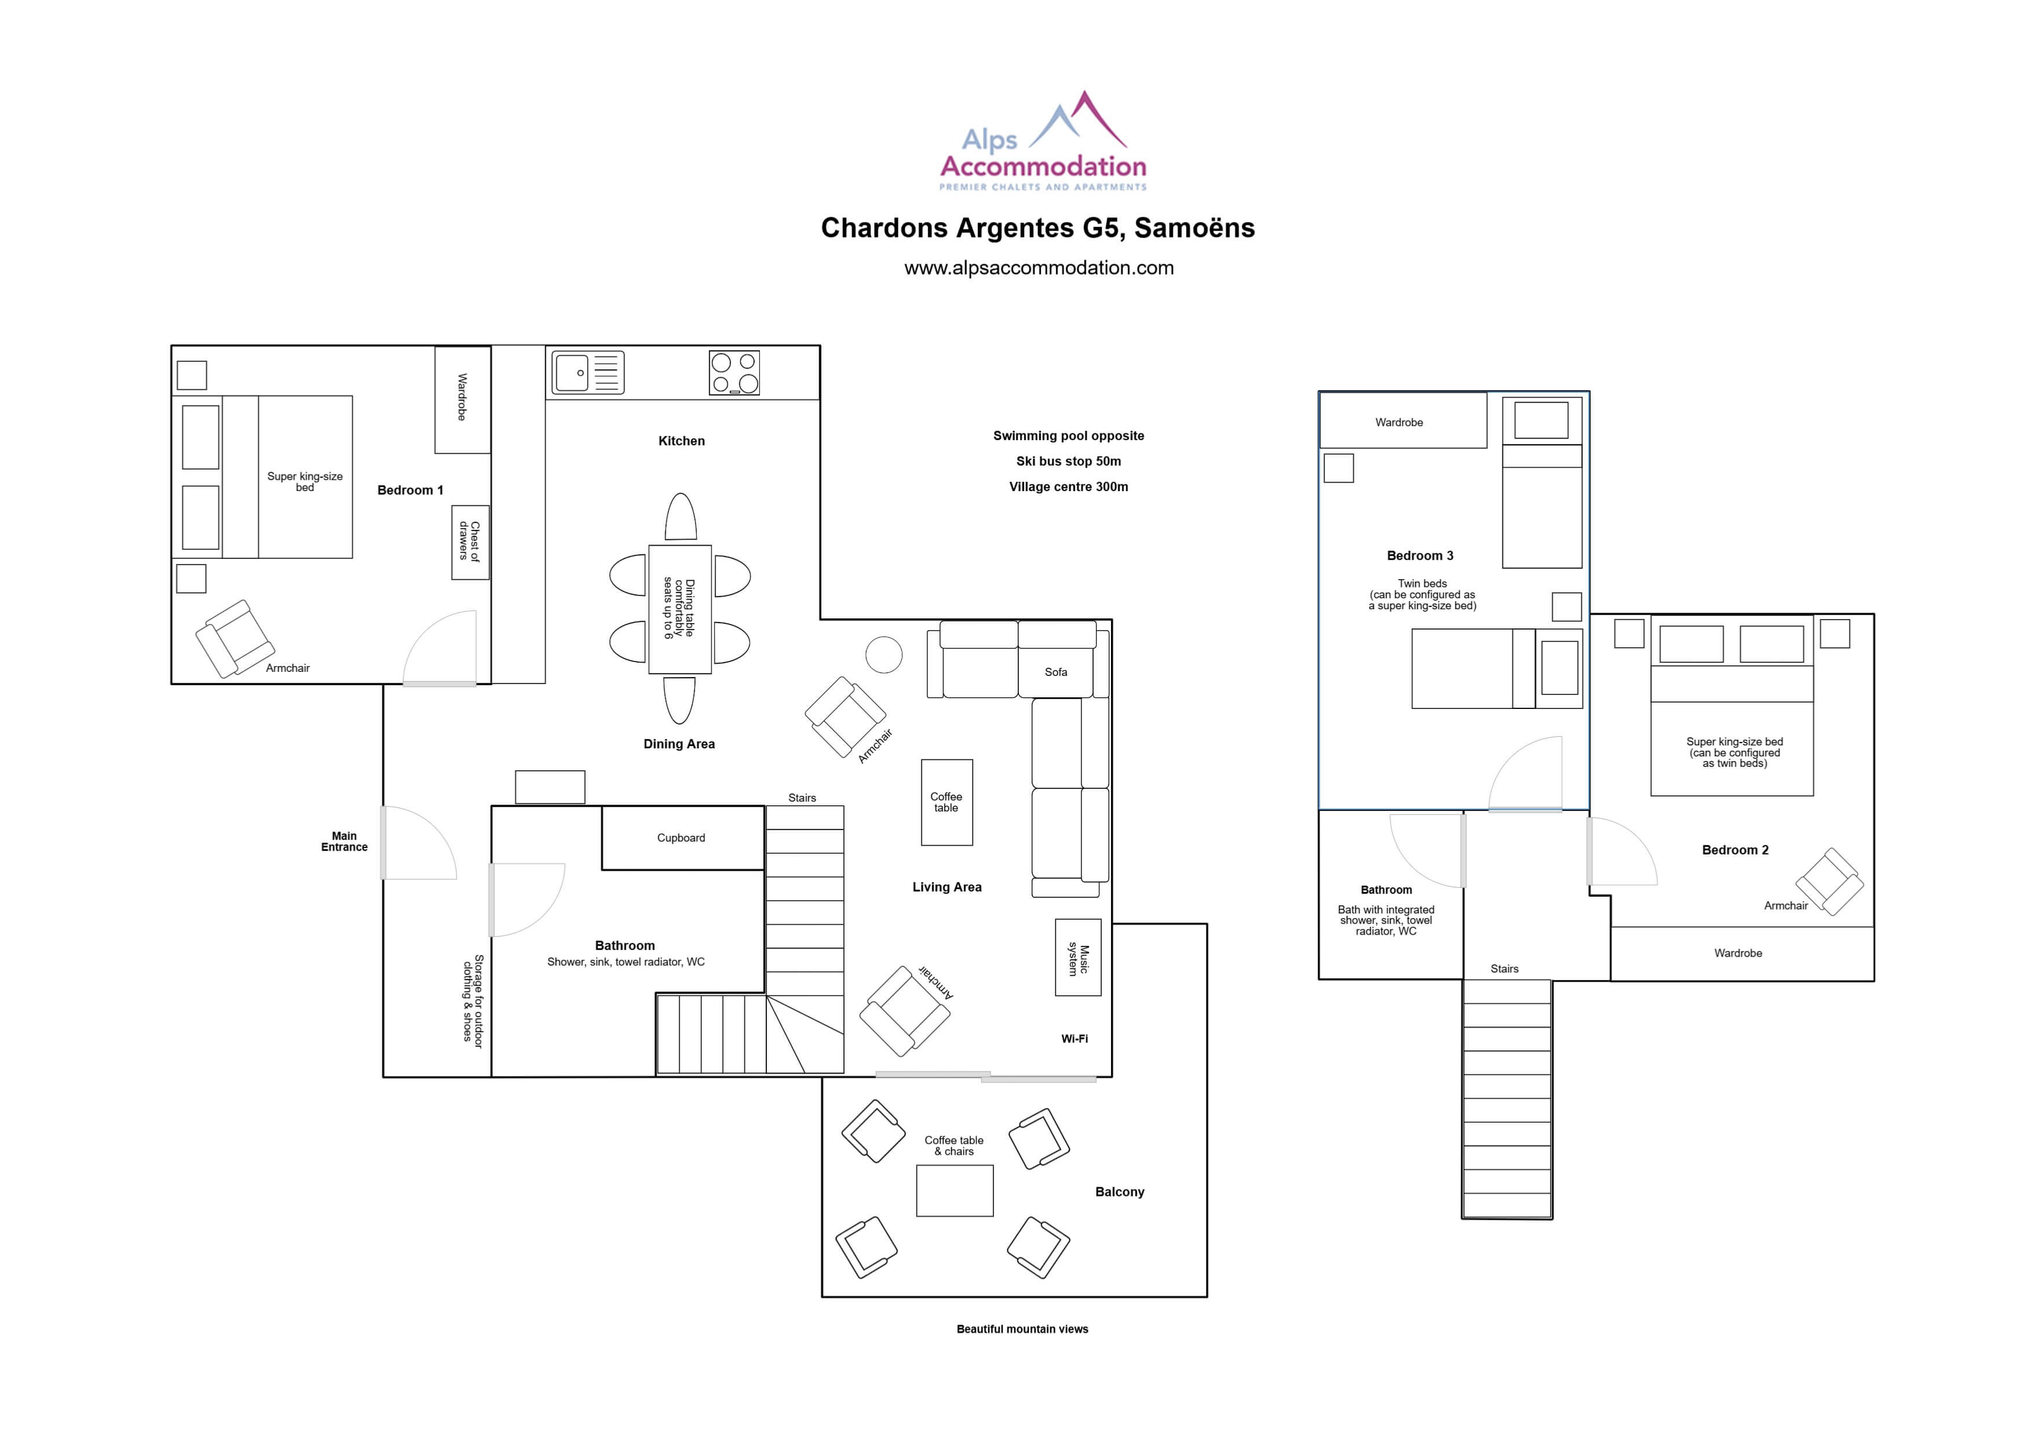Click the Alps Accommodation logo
[x=1043, y=141]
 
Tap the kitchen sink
[x=588, y=372]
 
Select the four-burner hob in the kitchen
[x=734, y=372]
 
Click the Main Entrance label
[x=344, y=842]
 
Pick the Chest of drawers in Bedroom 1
[x=470, y=542]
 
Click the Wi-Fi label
[x=1075, y=1039]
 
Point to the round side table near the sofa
[x=883, y=655]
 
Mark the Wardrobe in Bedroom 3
[x=1403, y=421]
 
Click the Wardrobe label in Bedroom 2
[x=1738, y=953]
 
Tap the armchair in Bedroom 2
[x=1829, y=882]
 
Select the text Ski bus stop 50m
[x=1068, y=461]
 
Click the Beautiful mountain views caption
[x=1022, y=1329]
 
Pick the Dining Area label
[x=679, y=744]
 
